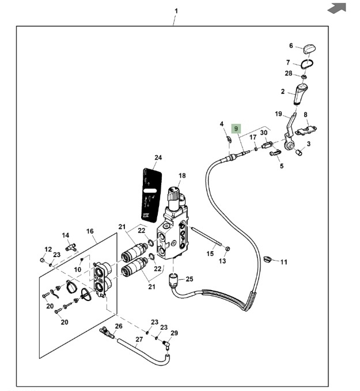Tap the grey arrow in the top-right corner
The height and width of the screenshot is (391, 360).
tap(337, 8)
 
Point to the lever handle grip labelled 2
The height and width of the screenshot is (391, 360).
tap(302, 94)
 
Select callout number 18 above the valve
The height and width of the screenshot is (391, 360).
tap(182, 175)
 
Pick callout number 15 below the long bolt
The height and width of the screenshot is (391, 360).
tap(210, 253)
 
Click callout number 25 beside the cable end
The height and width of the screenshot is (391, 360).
tap(190, 279)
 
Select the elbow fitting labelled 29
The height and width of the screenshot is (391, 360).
tap(167, 344)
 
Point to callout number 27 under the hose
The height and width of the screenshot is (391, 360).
tap(139, 339)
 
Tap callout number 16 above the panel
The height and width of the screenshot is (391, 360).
tap(90, 231)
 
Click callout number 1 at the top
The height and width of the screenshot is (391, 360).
tap(176, 11)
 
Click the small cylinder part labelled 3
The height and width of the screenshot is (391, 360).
tap(299, 153)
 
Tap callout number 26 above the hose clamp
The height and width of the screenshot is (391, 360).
tap(119, 326)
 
